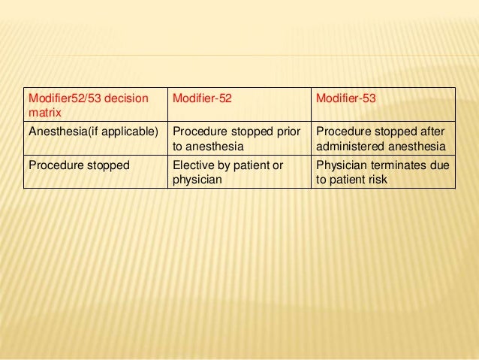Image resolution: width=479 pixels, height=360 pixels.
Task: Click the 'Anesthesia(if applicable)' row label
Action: point(93,131)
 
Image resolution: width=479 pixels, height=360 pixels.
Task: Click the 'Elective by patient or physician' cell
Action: point(227,172)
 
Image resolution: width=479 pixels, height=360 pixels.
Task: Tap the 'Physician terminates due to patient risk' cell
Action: point(383,172)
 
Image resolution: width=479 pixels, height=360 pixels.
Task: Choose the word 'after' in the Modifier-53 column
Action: point(433,131)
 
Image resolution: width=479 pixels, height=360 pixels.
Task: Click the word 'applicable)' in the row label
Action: point(135,131)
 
